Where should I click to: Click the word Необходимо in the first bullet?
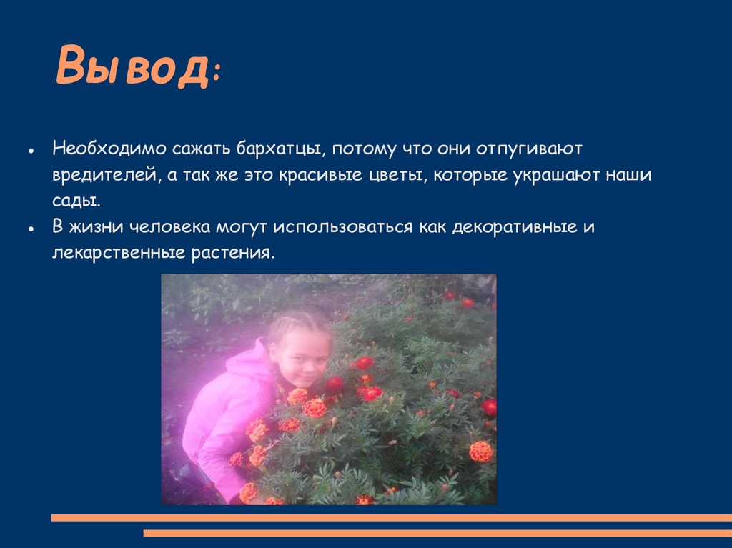click(x=108, y=149)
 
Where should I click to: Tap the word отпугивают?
click(x=530, y=150)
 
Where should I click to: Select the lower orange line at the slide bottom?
click(x=437, y=533)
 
